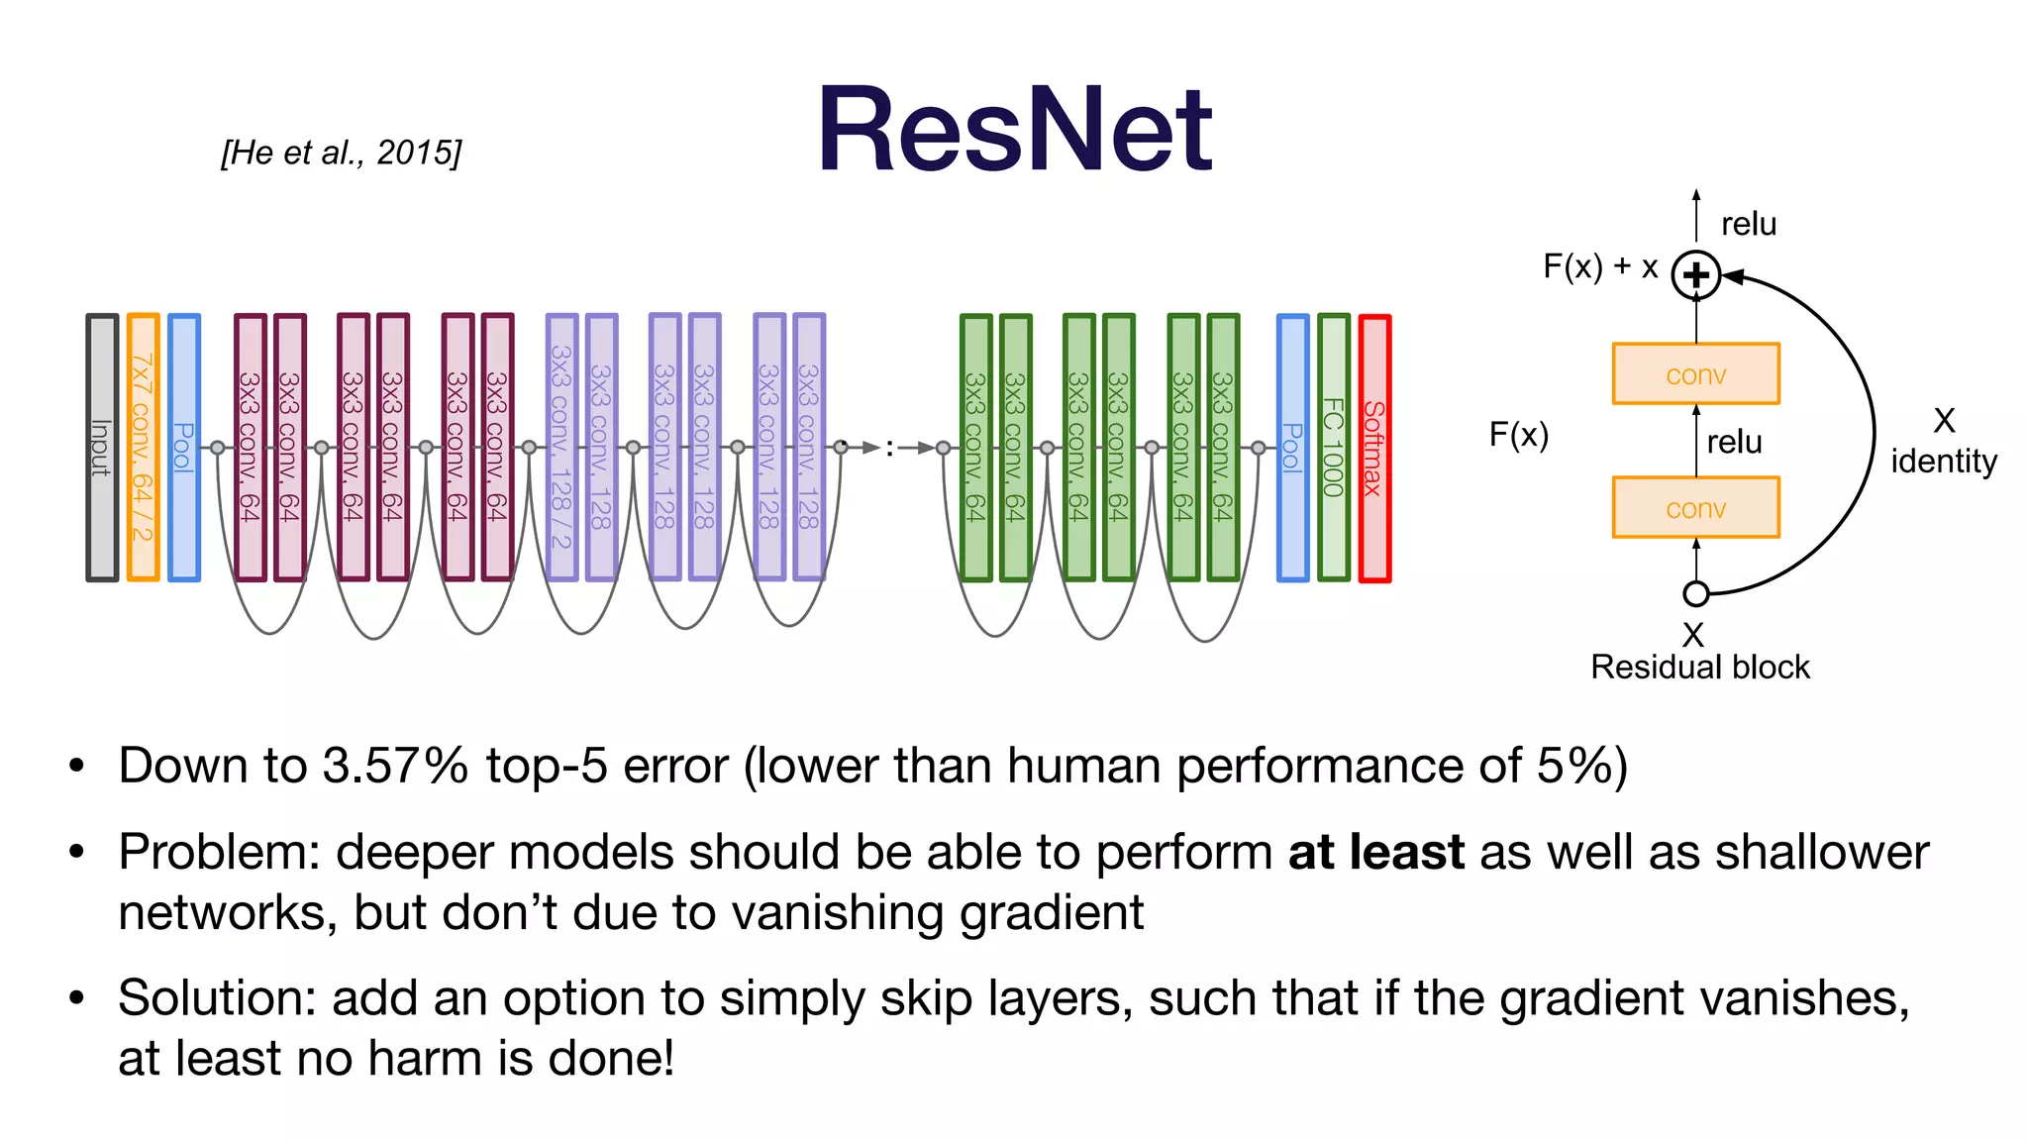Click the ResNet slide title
point(1014,131)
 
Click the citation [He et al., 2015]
point(341,153)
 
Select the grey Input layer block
point(102,448)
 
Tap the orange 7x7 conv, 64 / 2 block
point(143,448)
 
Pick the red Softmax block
point(1374,448)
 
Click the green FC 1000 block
point(1334,448)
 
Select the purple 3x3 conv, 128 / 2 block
point(561,448)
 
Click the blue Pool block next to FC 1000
point(1292,448)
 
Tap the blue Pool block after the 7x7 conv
point(184,448)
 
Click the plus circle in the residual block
point(1696,275)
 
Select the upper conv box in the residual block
point(1696,374)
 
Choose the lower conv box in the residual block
point(1696,508)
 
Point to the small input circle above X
point(1696,594)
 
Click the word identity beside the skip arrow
point(1943,462)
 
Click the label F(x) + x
point(1600,266)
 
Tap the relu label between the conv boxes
point(1734,442)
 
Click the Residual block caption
point(1699,668)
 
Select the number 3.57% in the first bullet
point(395,766)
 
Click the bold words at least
point(1375,853)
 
